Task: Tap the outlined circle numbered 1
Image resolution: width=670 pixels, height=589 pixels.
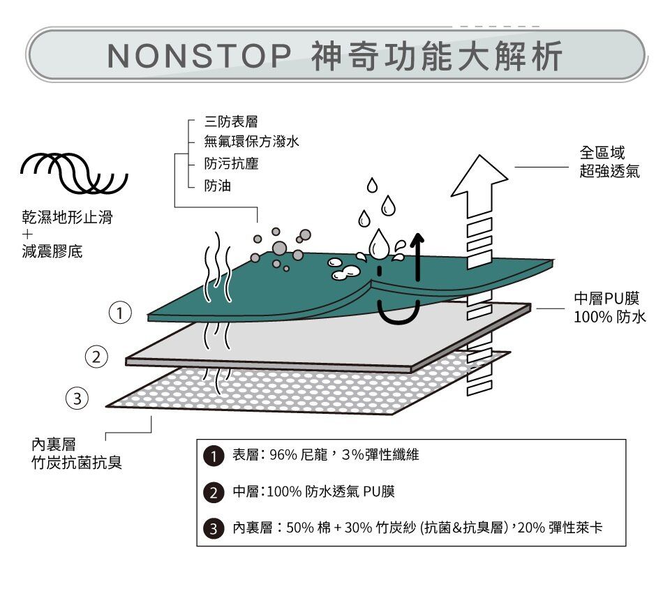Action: click(121, 313)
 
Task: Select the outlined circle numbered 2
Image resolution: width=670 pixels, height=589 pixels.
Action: click(98, 358)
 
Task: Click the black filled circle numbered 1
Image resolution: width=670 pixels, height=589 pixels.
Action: click(212, 456)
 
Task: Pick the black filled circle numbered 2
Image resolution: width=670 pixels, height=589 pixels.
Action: click(212, 493)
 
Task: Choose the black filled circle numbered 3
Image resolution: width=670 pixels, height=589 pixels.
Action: click(212, 528)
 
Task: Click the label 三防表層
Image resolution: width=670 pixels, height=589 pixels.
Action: click(226, 122)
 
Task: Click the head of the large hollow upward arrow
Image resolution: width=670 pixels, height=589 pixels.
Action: click(478, 174)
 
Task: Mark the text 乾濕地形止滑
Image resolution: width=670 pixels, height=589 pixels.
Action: click(66, 218)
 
